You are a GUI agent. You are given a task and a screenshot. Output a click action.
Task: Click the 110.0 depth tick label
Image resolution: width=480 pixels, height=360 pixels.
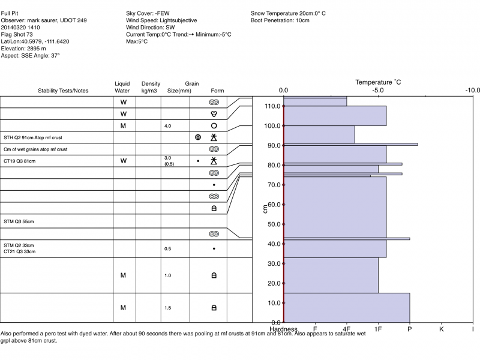tap(273, 106)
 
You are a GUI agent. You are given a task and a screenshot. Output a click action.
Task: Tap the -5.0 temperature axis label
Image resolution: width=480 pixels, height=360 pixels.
tap(378, 91)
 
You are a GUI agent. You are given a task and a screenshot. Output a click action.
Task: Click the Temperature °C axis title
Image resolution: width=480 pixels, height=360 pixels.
tap(378, 82)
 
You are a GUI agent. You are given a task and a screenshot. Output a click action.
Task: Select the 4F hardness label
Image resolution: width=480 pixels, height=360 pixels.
tap(346, 329)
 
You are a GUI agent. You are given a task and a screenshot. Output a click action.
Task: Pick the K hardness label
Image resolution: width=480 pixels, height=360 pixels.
tap(441, 329)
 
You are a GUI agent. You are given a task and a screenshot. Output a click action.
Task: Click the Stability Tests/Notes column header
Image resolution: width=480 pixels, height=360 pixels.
tap(63, 91)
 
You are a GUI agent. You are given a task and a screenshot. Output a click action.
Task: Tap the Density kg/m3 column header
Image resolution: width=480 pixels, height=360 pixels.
tap(151, 87)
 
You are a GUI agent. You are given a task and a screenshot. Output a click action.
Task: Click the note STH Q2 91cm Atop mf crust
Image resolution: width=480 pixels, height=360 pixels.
tap(32, 137)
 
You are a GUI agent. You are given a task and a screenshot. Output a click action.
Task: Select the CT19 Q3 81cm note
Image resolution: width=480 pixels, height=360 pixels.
tap(20, 161)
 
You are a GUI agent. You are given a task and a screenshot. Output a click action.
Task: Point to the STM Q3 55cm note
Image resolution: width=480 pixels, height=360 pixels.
tap(19, 221)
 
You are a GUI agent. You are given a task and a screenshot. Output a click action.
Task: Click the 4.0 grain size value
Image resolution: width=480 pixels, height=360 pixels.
tap(168, 126)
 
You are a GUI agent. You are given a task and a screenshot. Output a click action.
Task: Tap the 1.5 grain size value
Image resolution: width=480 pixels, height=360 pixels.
tap(168, 308)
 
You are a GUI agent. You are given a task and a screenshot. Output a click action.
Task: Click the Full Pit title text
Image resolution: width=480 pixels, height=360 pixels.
tap(10, 12)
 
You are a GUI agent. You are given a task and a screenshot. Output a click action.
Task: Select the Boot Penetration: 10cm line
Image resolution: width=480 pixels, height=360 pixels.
tap(280, 20)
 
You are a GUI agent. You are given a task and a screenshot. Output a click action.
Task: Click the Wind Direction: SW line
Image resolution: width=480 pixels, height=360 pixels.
tap(151, 28)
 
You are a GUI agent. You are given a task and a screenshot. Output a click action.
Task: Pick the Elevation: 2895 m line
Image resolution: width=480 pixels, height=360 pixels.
tap(24, 48)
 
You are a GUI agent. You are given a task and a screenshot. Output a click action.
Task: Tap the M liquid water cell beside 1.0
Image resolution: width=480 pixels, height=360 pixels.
tap(123, 275)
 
